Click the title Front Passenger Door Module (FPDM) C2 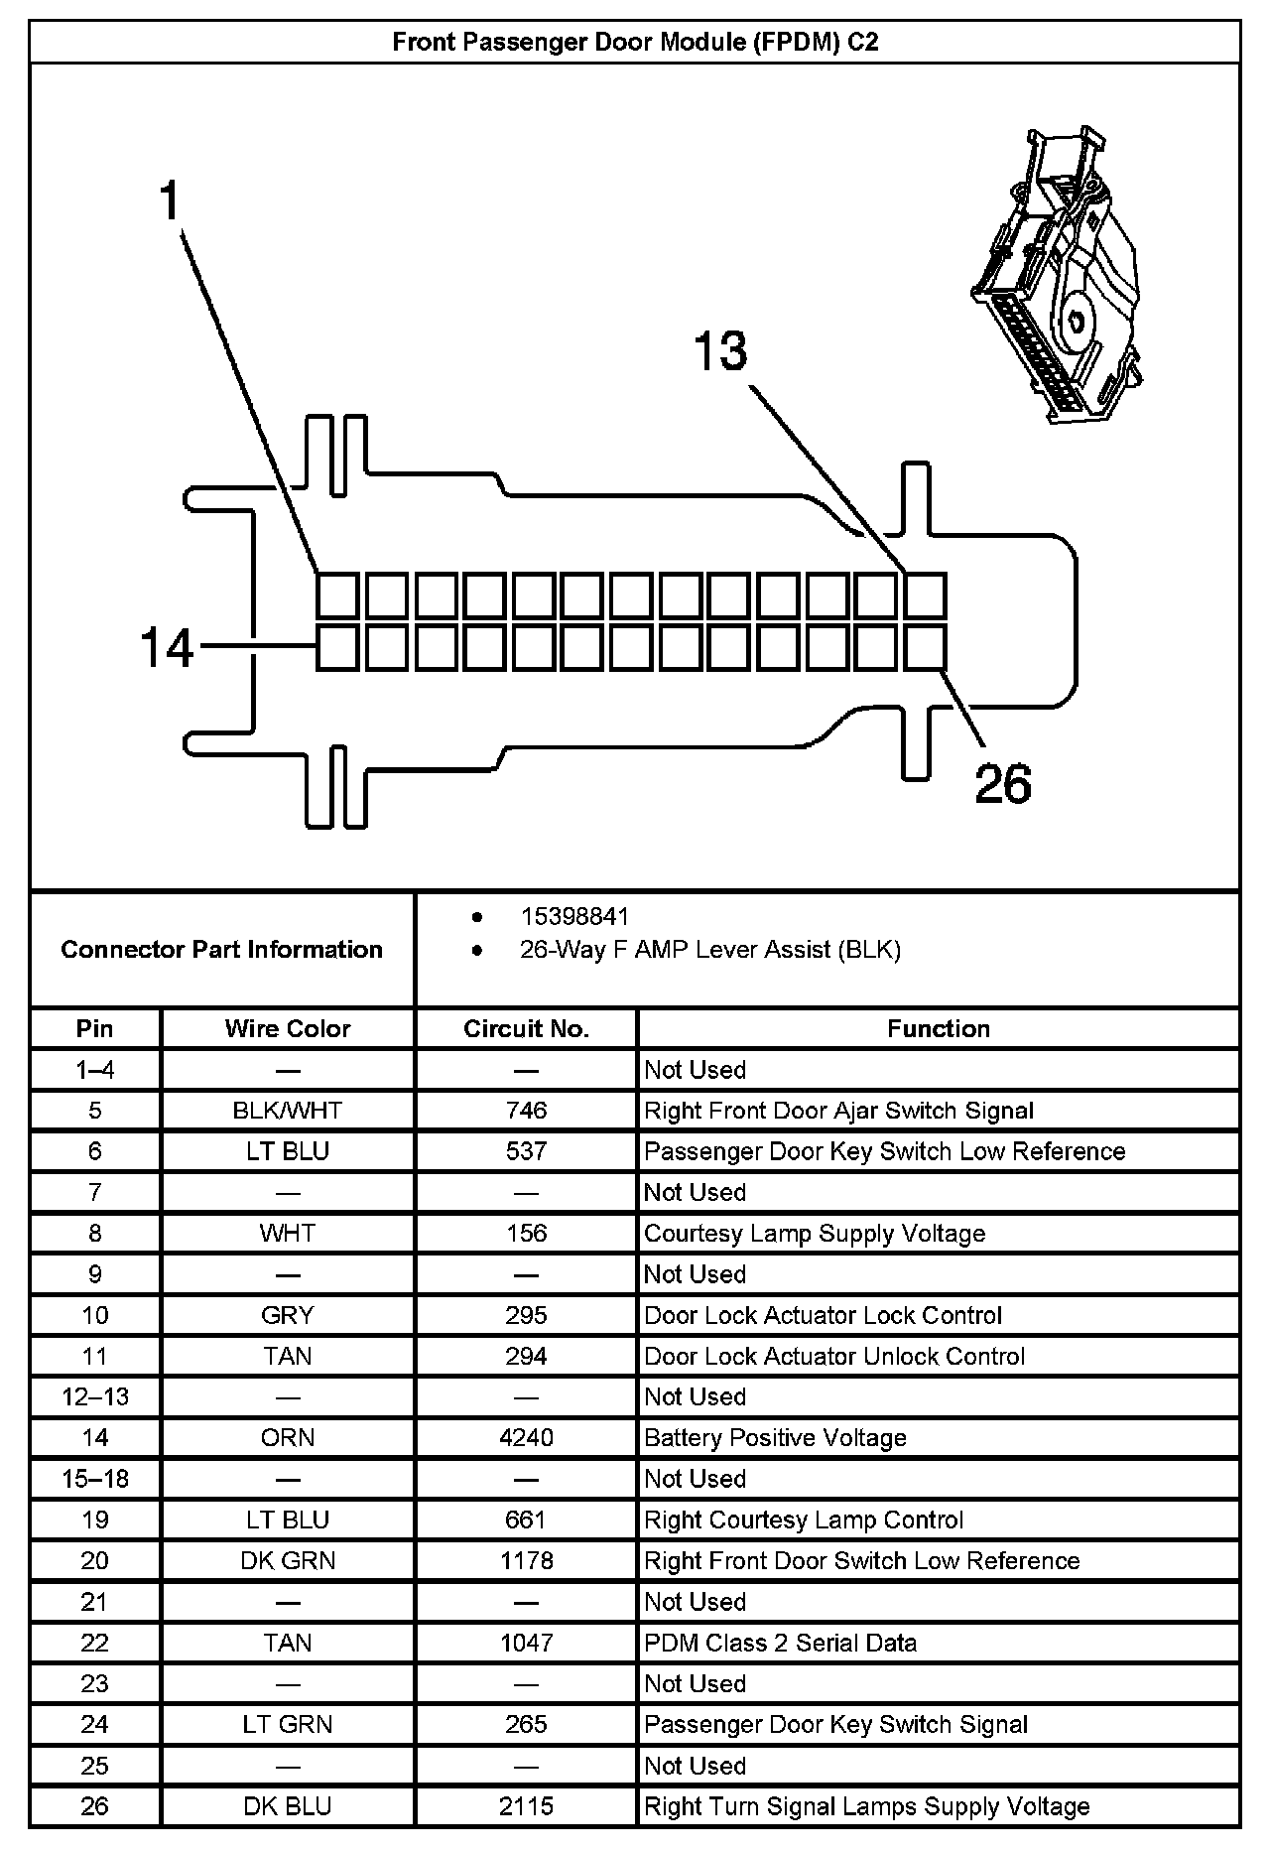point(635,42)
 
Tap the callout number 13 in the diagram point(720,352)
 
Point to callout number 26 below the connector point(1003,783)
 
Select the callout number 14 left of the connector point(167,648)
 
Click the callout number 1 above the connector point(171,201)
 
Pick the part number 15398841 point(574,916)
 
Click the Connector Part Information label point(221,950)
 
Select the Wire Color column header point(288,1029)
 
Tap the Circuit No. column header point(526,1029)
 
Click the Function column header point(938,1029)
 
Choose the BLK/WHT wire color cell point(288,1111)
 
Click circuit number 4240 point(526,1438)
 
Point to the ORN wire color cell point(288,1438)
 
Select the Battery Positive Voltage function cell point(775,1438)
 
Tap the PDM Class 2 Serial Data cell point(780,1643)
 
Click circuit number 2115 point(526,1806)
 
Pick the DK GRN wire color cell point(288,1561)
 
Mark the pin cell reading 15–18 point(95,1479)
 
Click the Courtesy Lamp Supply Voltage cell point(815,1234)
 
